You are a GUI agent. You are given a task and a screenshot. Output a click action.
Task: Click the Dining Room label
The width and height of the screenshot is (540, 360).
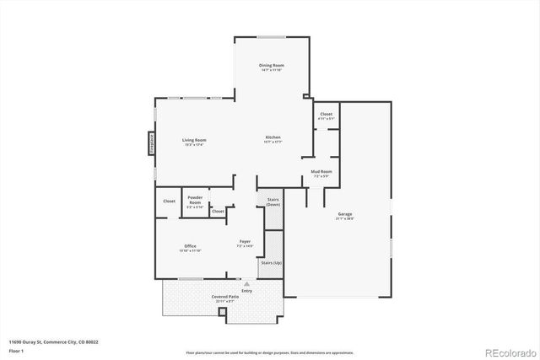(x=271, y=66)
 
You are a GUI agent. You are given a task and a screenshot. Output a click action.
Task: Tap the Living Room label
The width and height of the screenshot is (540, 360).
(x=195, y=140)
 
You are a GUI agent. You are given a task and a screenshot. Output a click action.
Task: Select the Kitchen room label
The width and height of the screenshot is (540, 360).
(x=273, y=137)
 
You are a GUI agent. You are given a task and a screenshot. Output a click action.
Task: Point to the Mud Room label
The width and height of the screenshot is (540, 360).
(x=321, y=171)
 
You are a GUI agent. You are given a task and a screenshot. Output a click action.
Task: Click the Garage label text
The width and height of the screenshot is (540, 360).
(x=346, y=214)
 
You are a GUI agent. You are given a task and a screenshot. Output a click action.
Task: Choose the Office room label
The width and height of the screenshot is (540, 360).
(x=190, y=246)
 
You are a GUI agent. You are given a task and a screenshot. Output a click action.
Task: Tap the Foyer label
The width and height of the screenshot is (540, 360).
(x=245, y=241)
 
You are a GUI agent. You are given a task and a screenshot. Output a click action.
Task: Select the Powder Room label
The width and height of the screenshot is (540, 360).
(x=195, y=202)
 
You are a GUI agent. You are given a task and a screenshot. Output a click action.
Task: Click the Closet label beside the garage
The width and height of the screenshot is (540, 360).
(x=326, y=114)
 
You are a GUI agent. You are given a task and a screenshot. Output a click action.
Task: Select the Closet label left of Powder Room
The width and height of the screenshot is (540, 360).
(x=169, y=201)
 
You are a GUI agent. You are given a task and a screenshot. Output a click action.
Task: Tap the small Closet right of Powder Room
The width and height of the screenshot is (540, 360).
(x=218, y=211)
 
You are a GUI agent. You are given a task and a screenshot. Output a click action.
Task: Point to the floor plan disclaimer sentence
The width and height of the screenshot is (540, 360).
(x=270, y=352)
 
